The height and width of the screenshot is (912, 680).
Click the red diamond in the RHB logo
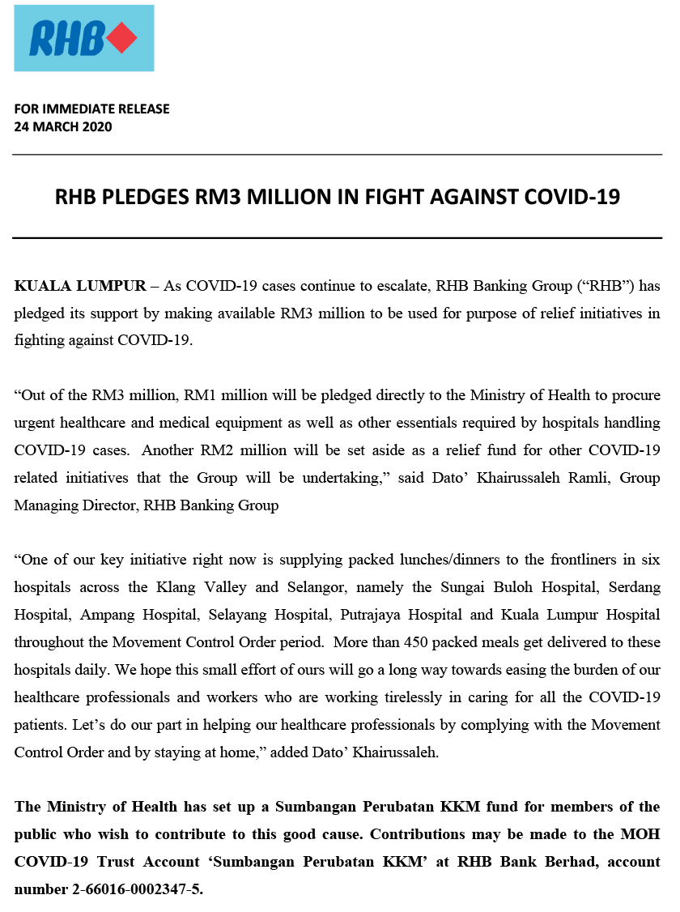(x=121, y=38)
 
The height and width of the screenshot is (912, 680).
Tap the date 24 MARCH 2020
(x=63, y=126)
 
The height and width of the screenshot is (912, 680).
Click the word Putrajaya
(x=376, y=615)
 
